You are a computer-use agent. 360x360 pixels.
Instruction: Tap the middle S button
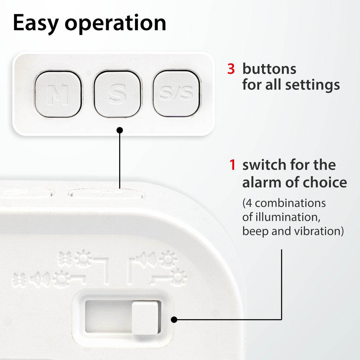[x=117, y=94]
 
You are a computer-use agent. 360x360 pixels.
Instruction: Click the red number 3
[x=231, y=69]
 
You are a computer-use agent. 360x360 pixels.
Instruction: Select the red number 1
[x=232, y=165]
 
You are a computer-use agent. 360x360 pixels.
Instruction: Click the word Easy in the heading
[x=36, y=23]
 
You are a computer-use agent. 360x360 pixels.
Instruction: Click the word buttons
[x=269, y=69]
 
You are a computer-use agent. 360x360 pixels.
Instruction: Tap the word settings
[x=313, y=85]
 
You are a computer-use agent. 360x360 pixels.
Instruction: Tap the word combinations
[x=290, y=203]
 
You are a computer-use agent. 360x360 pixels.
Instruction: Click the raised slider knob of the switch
[x=145, y=317]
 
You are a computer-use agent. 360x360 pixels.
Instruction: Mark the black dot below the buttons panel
[x=120, y=130]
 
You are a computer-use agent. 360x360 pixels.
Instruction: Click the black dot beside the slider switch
[x=174, y=319]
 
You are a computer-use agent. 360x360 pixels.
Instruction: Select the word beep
[x=255, y=231]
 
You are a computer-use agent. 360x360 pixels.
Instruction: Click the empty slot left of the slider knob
[x=108, y=316]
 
